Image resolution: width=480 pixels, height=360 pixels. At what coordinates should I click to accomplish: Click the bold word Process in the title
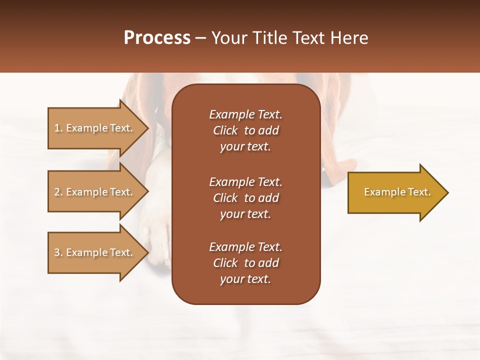click(x=157, y=38)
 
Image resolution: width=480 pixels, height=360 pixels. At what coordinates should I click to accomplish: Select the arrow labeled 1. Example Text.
click(x=95, y=128)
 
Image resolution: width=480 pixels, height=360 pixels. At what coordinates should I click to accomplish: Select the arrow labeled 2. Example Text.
click(x=95, y=192)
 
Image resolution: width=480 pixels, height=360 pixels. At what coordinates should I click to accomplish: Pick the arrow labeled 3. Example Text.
click(x=95, y=252)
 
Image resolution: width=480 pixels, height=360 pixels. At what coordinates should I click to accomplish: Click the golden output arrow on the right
click(x=395, y=192)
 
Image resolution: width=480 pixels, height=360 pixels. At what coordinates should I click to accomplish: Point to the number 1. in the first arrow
click(x=58, y=128)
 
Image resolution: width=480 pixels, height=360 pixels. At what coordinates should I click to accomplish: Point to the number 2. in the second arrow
click(x=58, y=192)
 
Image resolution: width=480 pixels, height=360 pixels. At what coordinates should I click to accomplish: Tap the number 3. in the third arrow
click(x=58, y=252)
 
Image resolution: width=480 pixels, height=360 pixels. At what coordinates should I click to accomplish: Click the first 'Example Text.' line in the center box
click(x=245, y=114)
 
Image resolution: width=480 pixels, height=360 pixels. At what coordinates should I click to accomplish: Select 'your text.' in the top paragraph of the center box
click(x=245, y=147)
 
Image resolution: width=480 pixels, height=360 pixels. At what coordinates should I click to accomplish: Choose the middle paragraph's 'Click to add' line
click(x=245, y=198)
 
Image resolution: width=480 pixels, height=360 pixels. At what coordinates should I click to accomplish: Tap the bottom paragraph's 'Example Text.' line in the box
click(x=245, y=247)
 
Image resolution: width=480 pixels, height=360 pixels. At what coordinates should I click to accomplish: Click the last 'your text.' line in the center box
click(x=245, y=279)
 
